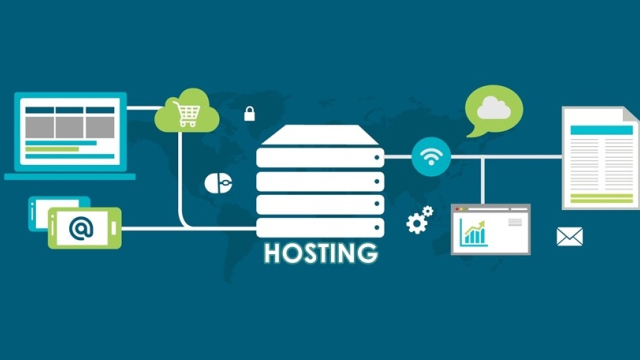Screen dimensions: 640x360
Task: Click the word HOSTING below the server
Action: point(321,252)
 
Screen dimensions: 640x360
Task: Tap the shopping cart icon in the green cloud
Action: point(187,116)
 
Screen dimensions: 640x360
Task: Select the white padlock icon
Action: point(249,113)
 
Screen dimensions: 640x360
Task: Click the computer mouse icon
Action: point(218,183)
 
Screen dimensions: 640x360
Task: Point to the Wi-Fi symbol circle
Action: point(431,156)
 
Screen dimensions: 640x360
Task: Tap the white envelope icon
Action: point(569,237)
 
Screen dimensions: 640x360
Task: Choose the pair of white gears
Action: point(419,219)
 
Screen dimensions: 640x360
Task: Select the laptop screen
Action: point(69,131)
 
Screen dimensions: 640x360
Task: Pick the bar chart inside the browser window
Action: point(473,233)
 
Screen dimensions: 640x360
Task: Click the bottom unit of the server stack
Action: point(320,225)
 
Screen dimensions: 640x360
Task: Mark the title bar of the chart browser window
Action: point(490,210)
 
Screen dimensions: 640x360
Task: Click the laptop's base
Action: point(69,176)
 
